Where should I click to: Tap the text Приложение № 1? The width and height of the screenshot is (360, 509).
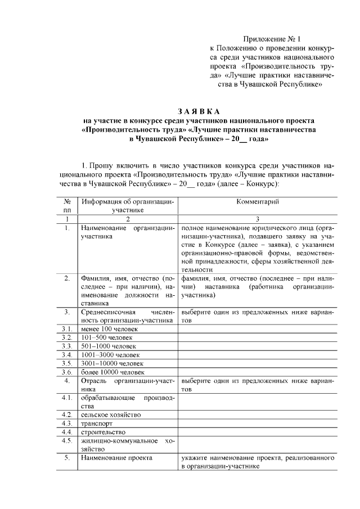(272, 39)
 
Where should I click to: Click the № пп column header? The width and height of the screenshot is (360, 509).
(67, 205)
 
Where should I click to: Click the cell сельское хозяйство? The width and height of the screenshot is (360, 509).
(110, 415)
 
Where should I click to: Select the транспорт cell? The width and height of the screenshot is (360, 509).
(96, 423)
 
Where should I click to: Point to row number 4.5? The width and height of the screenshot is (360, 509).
(67, 440)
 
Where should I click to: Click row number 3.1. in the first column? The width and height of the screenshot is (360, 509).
(67, 328)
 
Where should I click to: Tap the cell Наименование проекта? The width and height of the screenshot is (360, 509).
(116, 458)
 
